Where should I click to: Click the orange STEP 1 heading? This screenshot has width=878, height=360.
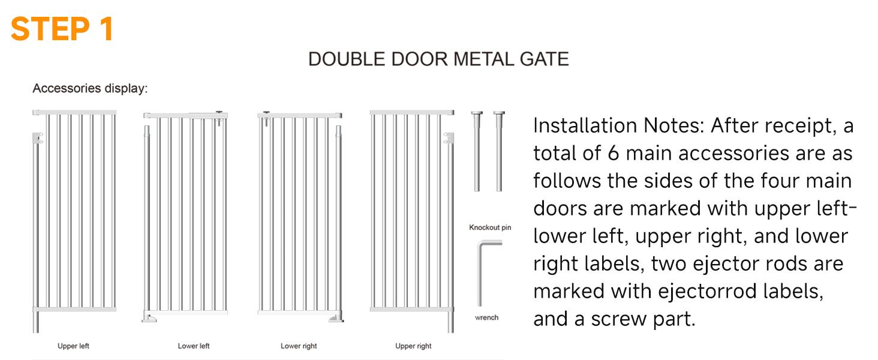pos(62,29)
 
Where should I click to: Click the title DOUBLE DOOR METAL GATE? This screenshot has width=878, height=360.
pos(438,59)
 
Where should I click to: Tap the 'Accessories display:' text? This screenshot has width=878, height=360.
pos(90,88)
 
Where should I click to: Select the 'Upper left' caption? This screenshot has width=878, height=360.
pos(73,346)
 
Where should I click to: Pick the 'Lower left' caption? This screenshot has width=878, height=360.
pos(194,346)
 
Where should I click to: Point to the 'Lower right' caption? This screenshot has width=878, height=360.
pos(299,346)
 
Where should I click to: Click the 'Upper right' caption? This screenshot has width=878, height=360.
pos(413,346)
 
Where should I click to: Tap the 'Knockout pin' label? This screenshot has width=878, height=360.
pos(490,227)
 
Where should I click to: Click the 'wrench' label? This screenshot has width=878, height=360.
pos(486,317)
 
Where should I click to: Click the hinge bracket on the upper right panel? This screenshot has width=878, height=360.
pos(448,139)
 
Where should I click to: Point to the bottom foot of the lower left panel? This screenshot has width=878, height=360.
pos(149,317)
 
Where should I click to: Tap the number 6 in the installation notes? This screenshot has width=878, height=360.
pos(613,153)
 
